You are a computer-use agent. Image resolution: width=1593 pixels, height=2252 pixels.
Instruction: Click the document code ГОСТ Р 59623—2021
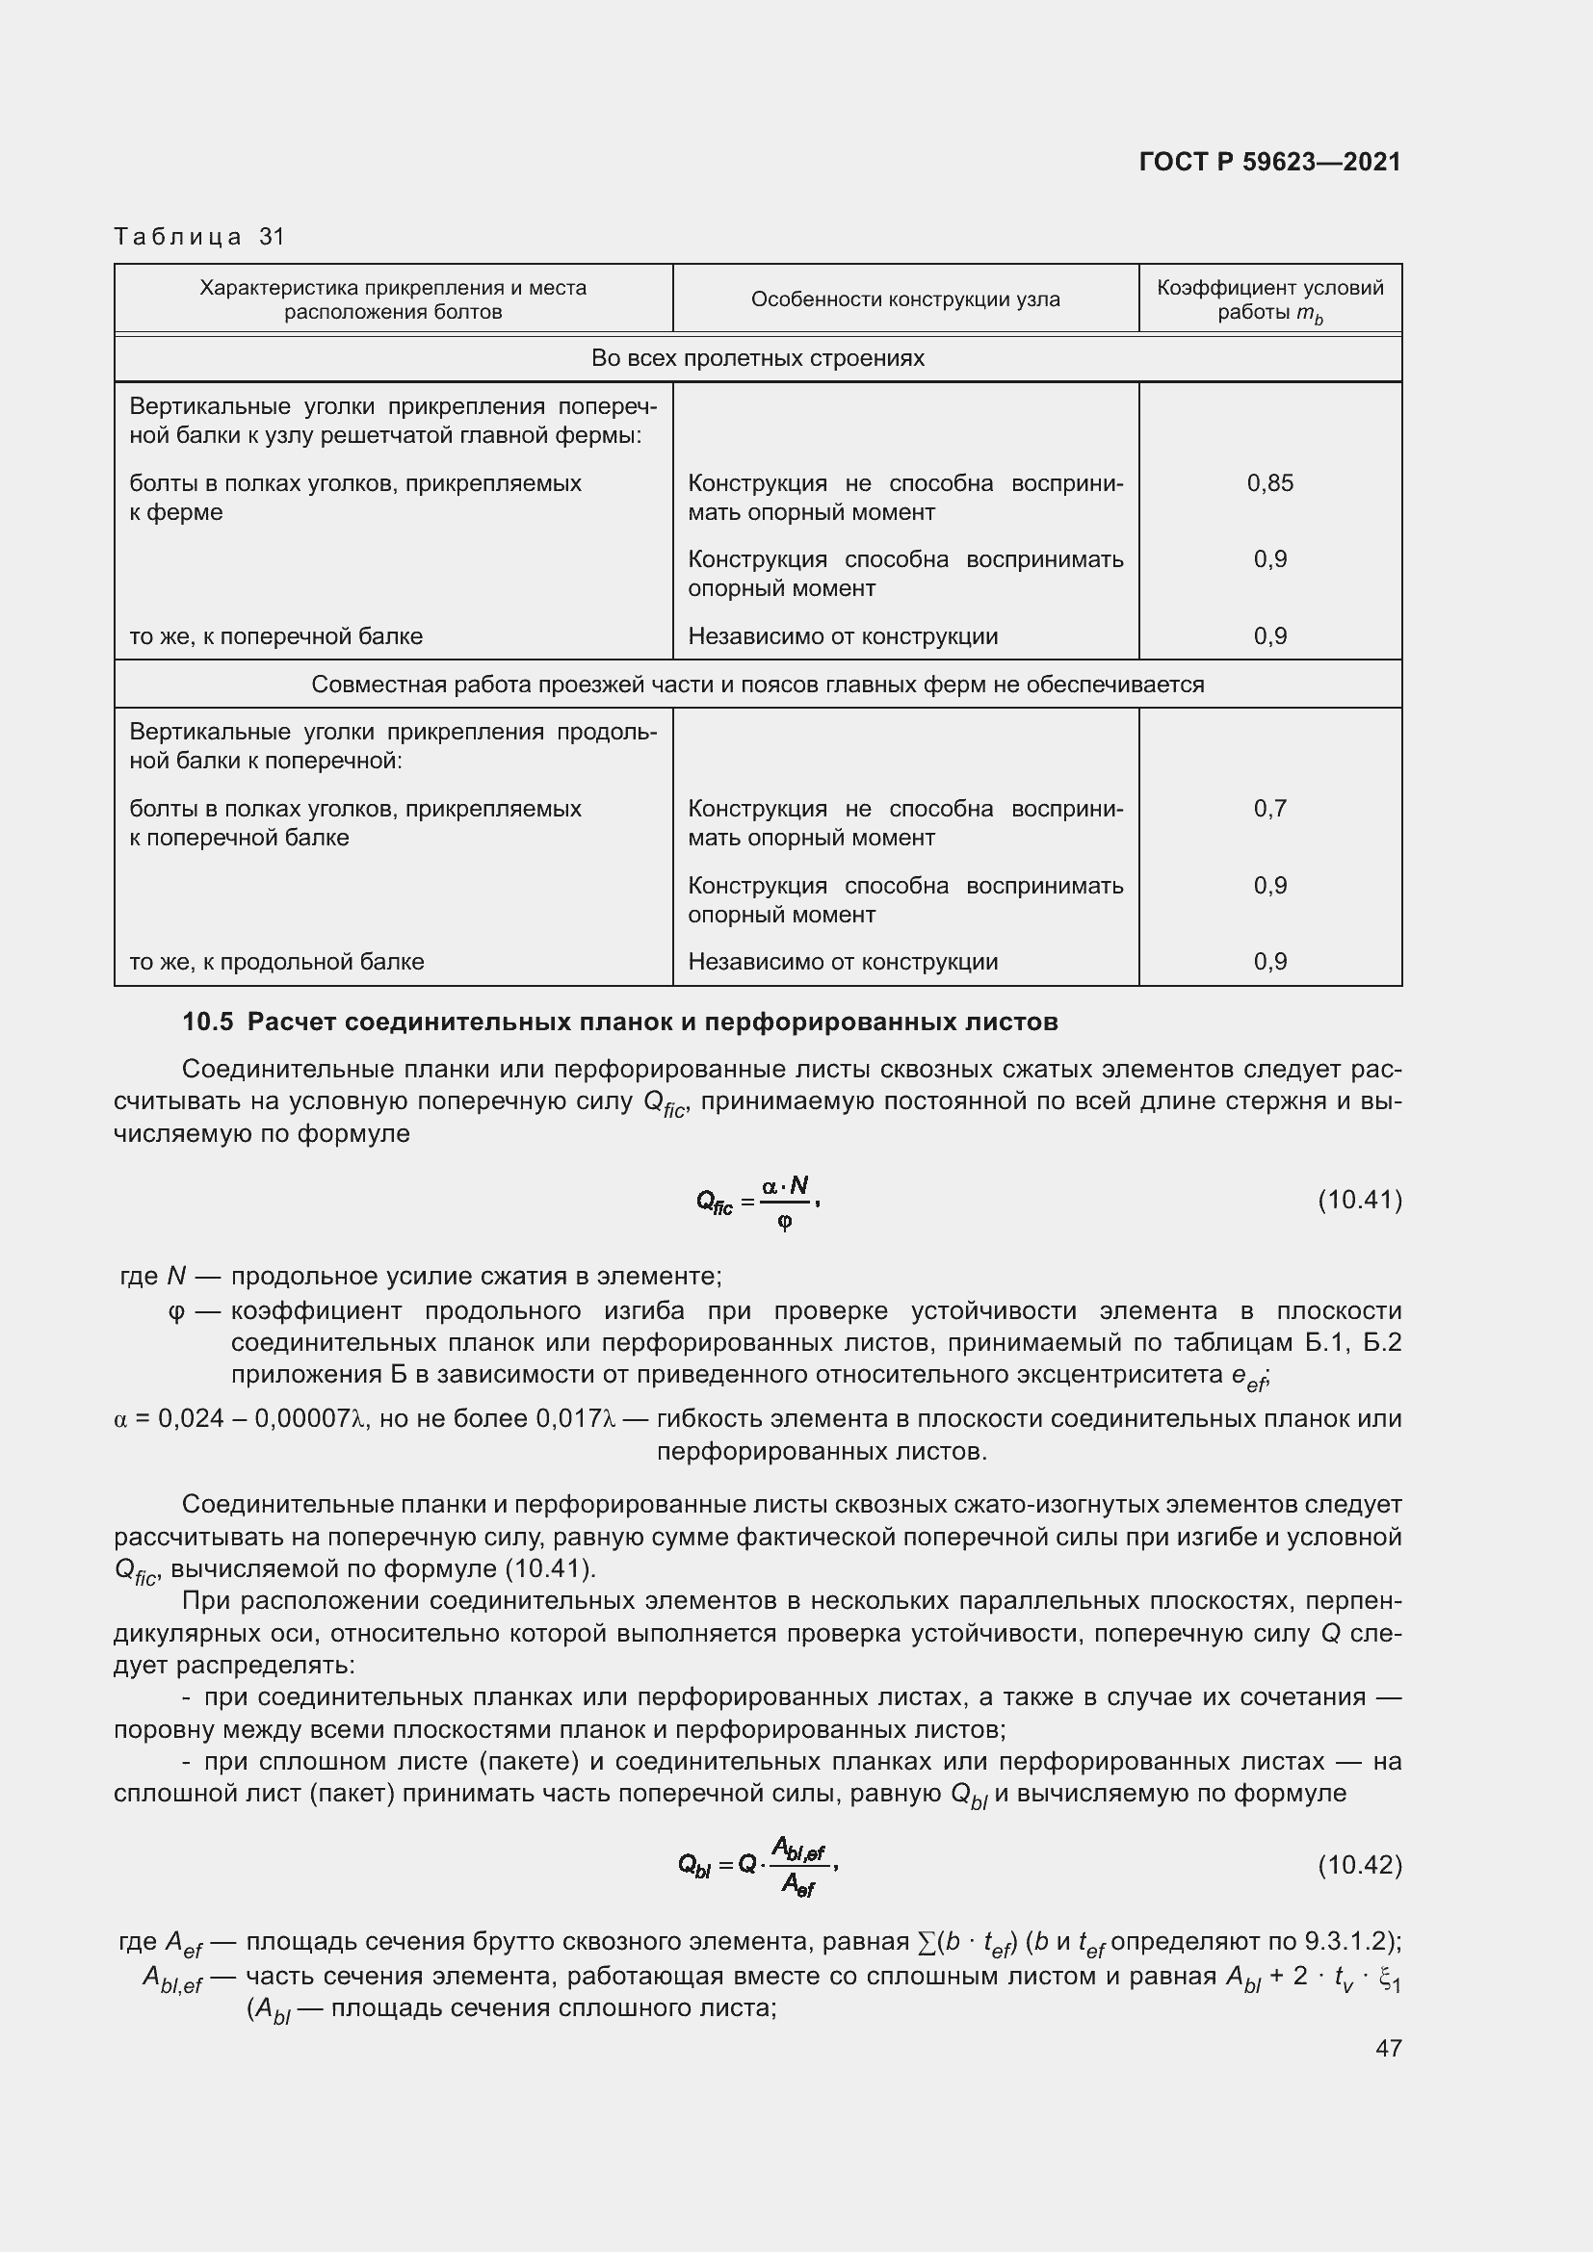1269,162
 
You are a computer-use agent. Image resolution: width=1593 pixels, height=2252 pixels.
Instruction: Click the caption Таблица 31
199,237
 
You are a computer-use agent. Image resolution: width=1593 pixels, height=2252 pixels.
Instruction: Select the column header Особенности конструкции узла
904,299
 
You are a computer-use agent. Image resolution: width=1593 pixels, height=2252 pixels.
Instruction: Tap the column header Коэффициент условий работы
1269,299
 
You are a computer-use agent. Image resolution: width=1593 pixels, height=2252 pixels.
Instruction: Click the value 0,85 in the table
1269,482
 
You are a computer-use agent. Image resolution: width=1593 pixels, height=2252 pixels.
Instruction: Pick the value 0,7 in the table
1269,808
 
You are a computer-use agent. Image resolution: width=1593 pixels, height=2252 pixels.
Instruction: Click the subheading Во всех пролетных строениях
757,358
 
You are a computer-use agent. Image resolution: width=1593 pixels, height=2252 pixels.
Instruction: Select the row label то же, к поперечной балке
275,635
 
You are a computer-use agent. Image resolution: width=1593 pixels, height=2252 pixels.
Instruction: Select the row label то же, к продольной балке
276,961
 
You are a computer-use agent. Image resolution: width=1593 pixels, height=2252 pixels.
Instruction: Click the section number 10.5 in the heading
207,1022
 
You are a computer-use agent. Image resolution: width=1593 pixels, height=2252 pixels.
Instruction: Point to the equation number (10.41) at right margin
1359,1200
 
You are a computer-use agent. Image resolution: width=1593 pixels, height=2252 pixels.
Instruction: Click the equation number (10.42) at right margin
1359,1864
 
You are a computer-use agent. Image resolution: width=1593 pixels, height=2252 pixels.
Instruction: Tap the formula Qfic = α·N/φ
756,1202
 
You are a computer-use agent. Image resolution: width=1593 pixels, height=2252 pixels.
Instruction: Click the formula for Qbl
756,1865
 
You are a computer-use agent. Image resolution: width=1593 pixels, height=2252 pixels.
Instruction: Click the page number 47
1388,2047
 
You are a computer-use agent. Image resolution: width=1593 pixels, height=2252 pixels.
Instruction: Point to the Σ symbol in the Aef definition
925,1941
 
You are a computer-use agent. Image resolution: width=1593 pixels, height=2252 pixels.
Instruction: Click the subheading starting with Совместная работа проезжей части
757,684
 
